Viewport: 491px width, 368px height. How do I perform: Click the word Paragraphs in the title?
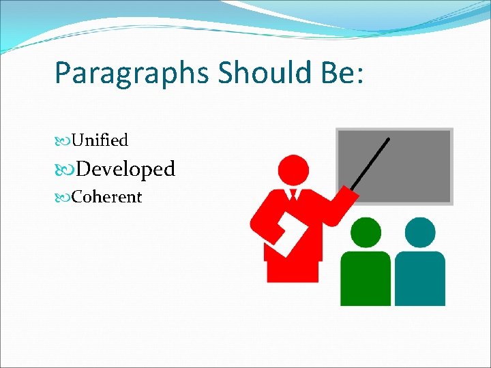(x=132, y=74)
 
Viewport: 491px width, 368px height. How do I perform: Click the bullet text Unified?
(x=100, y=140)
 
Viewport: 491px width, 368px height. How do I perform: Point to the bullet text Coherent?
(x=106, y=197)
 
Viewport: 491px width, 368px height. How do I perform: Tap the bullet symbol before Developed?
(x=64, y=169)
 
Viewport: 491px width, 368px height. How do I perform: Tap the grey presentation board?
(x=395, y=165)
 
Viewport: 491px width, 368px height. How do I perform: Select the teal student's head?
(x=419, y=232)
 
